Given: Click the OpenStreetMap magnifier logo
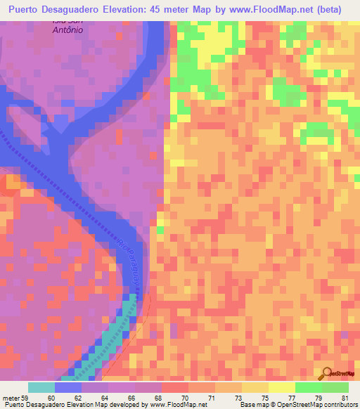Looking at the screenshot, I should pos(328,374).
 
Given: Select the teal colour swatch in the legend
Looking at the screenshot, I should pos(41,387).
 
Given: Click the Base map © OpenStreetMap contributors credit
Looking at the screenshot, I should pos(298,405).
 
